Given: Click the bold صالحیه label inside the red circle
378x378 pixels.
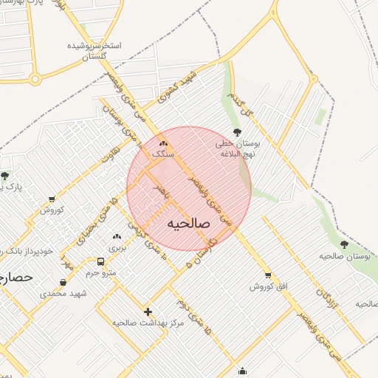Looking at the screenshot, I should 189,223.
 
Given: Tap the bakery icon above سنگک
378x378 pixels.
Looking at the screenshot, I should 163,143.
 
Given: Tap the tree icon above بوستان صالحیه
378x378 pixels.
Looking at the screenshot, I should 344,244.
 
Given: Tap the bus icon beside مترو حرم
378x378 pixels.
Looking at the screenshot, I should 100,261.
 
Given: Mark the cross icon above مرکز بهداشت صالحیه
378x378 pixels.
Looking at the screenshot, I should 148,312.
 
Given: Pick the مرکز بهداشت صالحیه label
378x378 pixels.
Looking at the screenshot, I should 146,323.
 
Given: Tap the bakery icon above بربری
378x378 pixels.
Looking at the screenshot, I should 116,236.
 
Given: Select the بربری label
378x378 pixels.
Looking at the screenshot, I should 119,248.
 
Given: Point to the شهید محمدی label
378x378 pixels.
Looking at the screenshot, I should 63,293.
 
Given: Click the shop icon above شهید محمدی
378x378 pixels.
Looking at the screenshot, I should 62,282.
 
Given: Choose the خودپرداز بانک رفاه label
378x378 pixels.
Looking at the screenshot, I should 27,251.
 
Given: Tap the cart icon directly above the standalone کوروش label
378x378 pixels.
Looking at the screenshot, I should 52,199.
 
